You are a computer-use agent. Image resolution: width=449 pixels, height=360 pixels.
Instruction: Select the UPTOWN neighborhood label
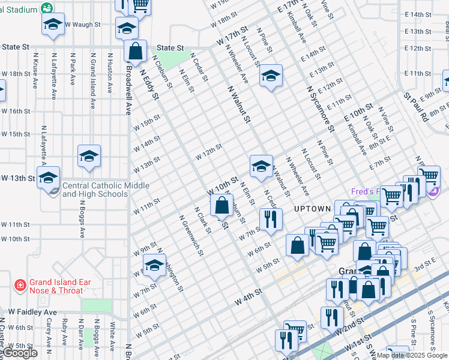coord(312,208)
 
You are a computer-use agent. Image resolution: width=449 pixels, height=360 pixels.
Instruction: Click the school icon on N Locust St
coord(271,76)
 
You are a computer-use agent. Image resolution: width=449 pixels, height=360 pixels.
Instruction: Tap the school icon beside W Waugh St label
coord(53,24)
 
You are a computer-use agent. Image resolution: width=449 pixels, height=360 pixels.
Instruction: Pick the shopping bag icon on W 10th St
coord(222,205)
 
